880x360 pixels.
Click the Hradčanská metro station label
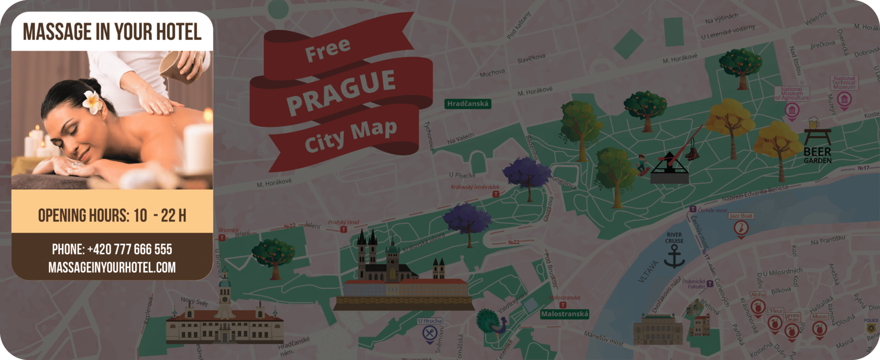point(468,104)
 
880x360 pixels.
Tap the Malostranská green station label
point(565,314)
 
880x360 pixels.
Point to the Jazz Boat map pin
point(741,228)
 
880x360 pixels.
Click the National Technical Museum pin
point(844,100)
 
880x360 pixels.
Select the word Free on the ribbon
point(327,50)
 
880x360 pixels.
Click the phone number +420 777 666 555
point(112,249)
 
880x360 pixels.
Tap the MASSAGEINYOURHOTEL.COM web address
point(112,268)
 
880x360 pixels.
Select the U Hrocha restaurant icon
point(430,332)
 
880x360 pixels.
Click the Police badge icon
point(871,328)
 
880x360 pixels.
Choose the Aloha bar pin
point(757,307)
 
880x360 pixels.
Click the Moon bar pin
point(819,329)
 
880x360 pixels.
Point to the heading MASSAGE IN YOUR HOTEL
point(112,32)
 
